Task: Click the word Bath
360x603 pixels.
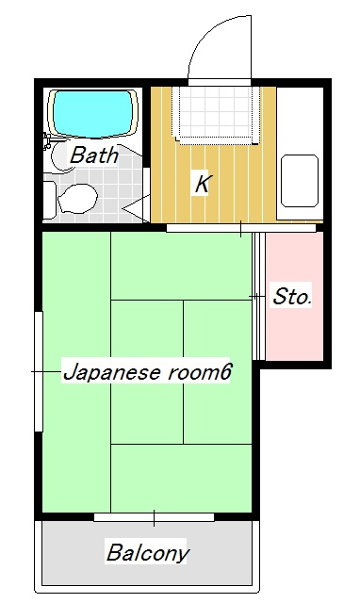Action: (x=94, y=155)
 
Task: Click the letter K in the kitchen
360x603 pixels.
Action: (x=201, y=183)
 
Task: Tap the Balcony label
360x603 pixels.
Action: (x=148, y=552)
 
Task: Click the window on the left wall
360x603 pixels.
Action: (x=38, y=372)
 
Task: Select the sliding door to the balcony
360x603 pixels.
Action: (x=154, y=516)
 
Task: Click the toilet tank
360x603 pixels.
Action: (x=49, y=200)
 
